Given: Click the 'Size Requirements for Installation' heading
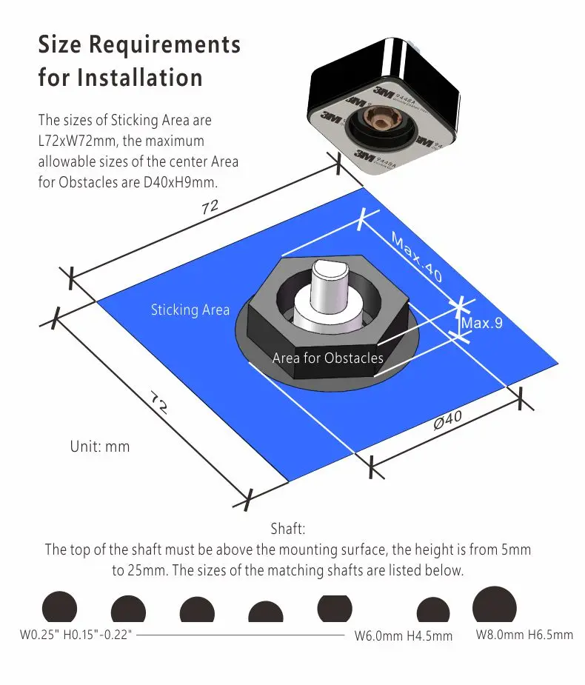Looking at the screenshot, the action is [139, 60].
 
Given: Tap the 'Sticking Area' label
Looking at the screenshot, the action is [190, 310].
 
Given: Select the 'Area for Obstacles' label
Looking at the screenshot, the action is [328, 358].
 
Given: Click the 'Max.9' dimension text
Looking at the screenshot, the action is [482, 324].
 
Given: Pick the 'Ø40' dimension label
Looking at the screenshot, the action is [447, 421].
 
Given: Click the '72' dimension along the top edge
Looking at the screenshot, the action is [210, 208].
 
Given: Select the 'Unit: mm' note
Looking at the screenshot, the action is [100, 447].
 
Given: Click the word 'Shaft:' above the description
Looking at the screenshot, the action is [288, 529].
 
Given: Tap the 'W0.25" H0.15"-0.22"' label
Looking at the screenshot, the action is [76, 635].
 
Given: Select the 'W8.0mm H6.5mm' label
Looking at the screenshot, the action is [524, 635].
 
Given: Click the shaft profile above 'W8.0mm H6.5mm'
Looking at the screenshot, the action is [494, 605].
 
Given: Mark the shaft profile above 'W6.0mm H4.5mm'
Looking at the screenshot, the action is [433, 610].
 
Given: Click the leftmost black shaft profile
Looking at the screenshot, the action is [59, 607].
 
